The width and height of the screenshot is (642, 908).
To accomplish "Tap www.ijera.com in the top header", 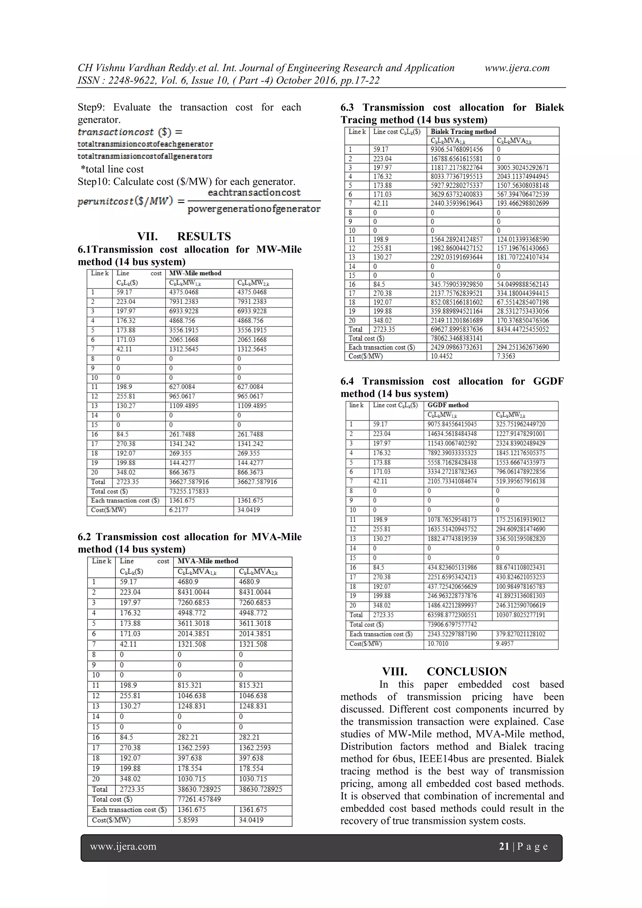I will pyautogui.click(x=517, y=68).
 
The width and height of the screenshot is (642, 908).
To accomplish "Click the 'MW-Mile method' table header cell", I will pyautogui.click(x=195, y=273).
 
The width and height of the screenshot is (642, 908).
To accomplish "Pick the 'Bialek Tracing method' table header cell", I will pyautogui.click(x=463, y=132).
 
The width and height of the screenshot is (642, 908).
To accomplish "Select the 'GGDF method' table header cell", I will pyautogui.click(x=448, y=405).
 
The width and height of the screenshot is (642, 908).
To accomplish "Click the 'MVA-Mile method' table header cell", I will pyautogui.click(x=208, y=561).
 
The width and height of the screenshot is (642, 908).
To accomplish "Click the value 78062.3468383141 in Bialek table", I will pyautogui.click(x=457, y=338).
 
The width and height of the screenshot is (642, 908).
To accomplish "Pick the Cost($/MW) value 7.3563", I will pyautogui.click(x=506, y=356).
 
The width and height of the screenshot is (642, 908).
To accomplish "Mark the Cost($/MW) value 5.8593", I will pyautogui.click(x=188, y=820).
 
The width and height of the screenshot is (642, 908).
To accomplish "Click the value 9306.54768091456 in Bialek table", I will pyautogui.click(x=457, y=150).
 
